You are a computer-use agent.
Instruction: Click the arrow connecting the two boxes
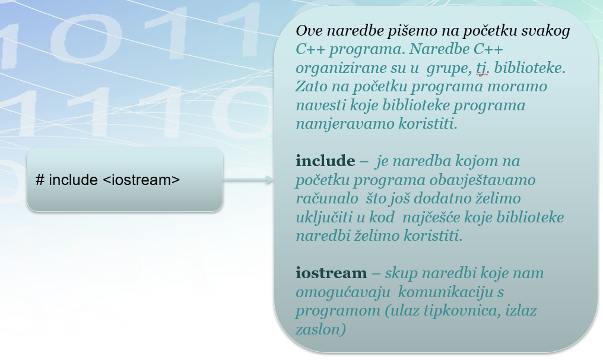pos(248,180)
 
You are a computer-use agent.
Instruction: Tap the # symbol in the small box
pos(40,180)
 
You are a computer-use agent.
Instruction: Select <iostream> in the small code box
pos(141,180)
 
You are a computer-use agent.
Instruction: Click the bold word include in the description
pos(325,161)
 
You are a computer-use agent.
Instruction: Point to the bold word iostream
pos(331,273)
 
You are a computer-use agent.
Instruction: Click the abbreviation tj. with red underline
pos(482,68)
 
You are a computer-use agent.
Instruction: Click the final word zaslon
pos(318,330)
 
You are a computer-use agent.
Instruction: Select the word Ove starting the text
pos(309,31)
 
